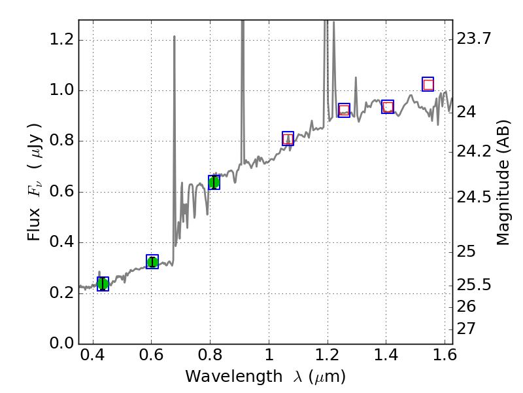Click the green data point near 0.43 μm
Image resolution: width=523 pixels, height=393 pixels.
pyautogui.click(x=103, y=284)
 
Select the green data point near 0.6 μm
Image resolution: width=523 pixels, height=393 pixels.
pyautogui.click(x=152, y=262)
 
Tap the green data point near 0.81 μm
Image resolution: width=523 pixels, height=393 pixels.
pyautogui.click(x=214, y=183)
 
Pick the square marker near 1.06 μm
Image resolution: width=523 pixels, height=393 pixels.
pyautogui.click(x=288, y=138)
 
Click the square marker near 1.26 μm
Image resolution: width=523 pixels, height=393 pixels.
pyautogui.click(x=344, y=110)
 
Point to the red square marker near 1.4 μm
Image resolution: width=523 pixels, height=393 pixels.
pyautogui.click(x=388, y=107)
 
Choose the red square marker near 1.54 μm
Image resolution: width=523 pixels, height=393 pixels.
pyautogui.click(x=428, y=84)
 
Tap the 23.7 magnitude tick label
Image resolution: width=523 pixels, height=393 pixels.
pyautogui.click(x=474, y=39)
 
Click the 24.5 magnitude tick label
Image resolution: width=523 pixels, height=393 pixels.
pyautogui.click(x=474, y=197)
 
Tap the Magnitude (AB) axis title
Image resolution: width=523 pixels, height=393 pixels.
pyautogui.click(x=503, y=182)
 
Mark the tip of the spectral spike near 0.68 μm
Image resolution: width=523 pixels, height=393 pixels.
pyautogui.click(x=175, y=36)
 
